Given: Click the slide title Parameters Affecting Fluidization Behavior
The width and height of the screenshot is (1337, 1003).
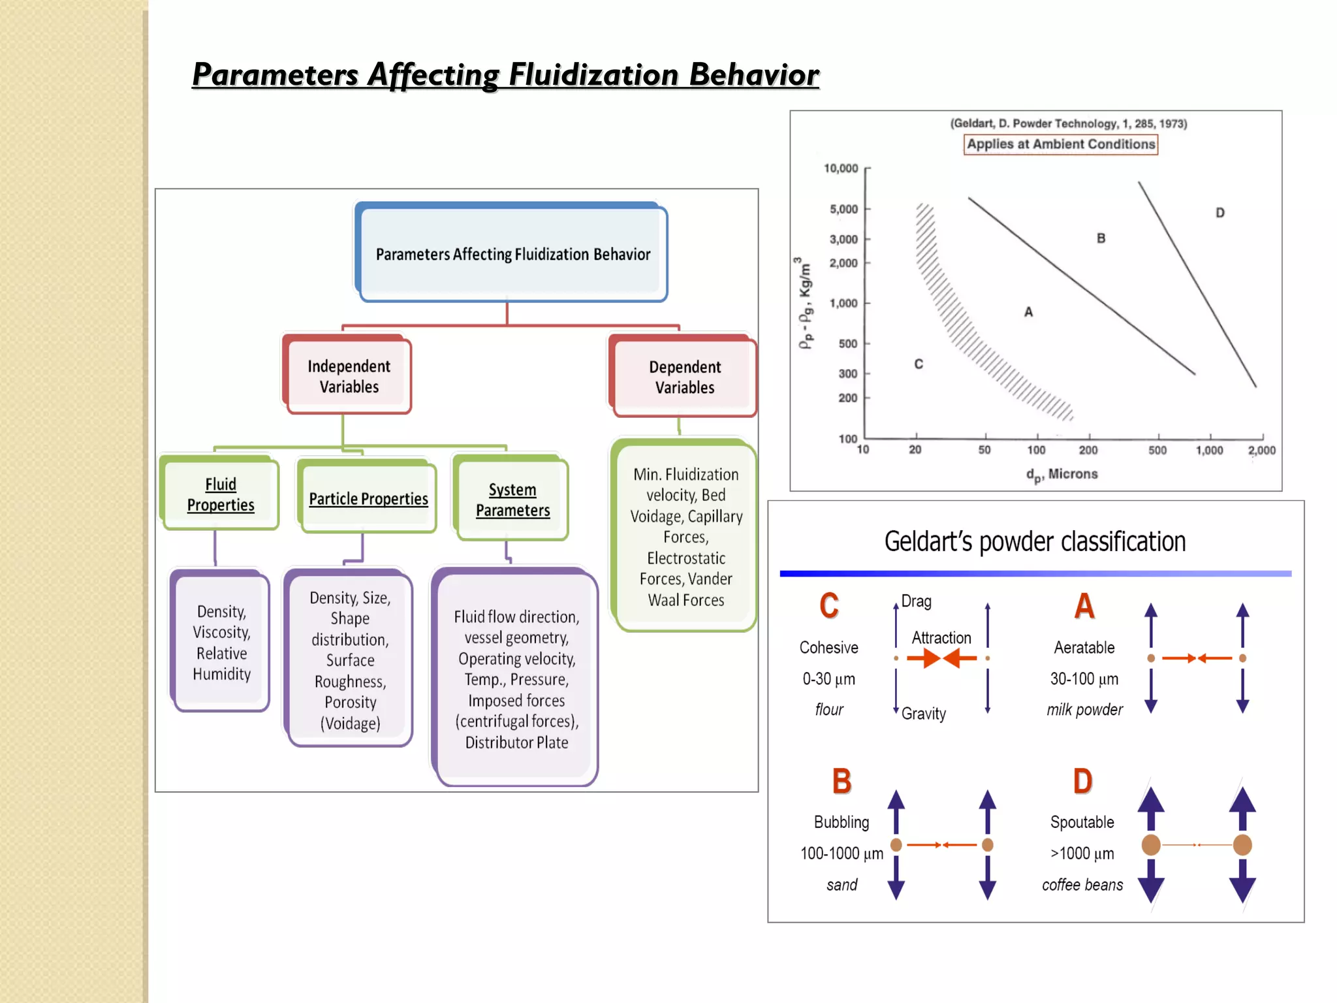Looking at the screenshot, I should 505,74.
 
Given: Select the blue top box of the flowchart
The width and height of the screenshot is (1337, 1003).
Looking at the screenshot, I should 512,253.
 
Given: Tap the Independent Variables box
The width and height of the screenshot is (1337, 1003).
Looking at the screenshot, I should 349,376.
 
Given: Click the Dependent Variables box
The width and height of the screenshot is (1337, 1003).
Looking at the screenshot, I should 684,377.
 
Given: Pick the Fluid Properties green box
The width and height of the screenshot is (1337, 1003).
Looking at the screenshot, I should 221,494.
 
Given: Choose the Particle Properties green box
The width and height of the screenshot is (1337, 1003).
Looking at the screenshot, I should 368,498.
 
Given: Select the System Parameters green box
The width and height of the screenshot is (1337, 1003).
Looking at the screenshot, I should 512,500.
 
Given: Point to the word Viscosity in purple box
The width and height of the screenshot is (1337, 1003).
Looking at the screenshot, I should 221,632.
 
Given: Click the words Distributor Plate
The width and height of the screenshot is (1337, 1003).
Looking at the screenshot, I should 516,742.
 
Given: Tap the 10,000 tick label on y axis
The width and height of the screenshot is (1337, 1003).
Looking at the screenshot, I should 840,168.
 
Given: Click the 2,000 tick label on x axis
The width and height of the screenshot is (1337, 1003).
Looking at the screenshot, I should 1261,451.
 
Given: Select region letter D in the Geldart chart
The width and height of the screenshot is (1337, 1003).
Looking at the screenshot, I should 1219,213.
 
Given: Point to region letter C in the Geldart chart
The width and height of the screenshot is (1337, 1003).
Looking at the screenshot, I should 919,364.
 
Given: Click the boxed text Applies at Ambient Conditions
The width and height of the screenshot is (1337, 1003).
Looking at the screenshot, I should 1060,144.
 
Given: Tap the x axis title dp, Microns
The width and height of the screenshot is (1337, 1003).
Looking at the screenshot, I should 1062,475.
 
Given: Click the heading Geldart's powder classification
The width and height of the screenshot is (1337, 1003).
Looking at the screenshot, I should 1035,541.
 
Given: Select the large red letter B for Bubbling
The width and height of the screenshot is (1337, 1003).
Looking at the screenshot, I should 842,781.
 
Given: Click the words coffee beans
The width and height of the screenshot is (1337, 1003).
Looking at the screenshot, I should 1082,885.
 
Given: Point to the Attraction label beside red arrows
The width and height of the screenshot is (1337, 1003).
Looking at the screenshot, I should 941,637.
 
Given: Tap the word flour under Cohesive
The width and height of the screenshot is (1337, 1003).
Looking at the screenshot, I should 828,710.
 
